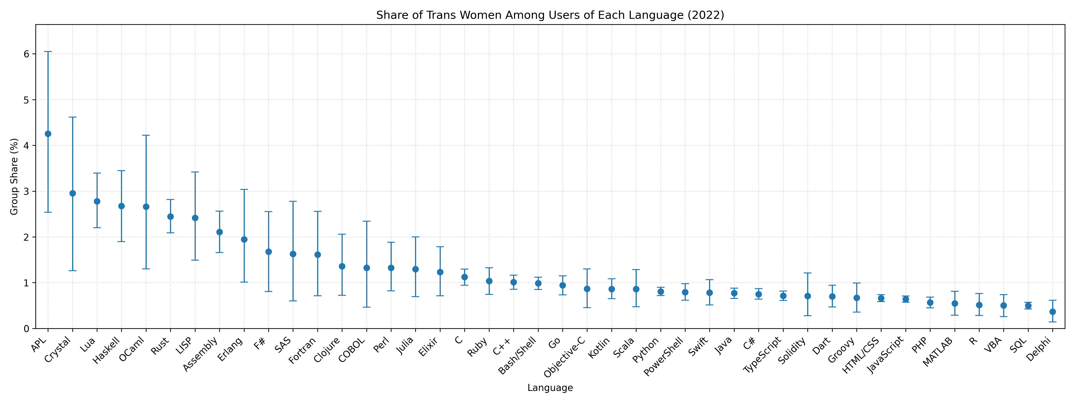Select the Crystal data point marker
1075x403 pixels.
[73, 193]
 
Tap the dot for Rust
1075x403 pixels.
[170, 217]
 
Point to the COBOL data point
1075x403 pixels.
[366, 268]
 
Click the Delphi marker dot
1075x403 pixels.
[1052, 312]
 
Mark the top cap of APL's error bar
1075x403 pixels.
[48, 52]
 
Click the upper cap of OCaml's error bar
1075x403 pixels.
[146, 135]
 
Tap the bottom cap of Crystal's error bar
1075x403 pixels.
[73, 271]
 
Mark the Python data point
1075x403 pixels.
[661, 292]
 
